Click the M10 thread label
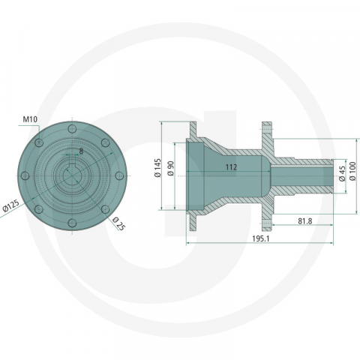(x=30, y=119)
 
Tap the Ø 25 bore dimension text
(x=118, y=223)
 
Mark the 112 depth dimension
(x=229, y=168)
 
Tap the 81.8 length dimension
(x=304, y=220)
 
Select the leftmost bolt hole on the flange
(x=25, y=178)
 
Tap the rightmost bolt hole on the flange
(x=118, y=178)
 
